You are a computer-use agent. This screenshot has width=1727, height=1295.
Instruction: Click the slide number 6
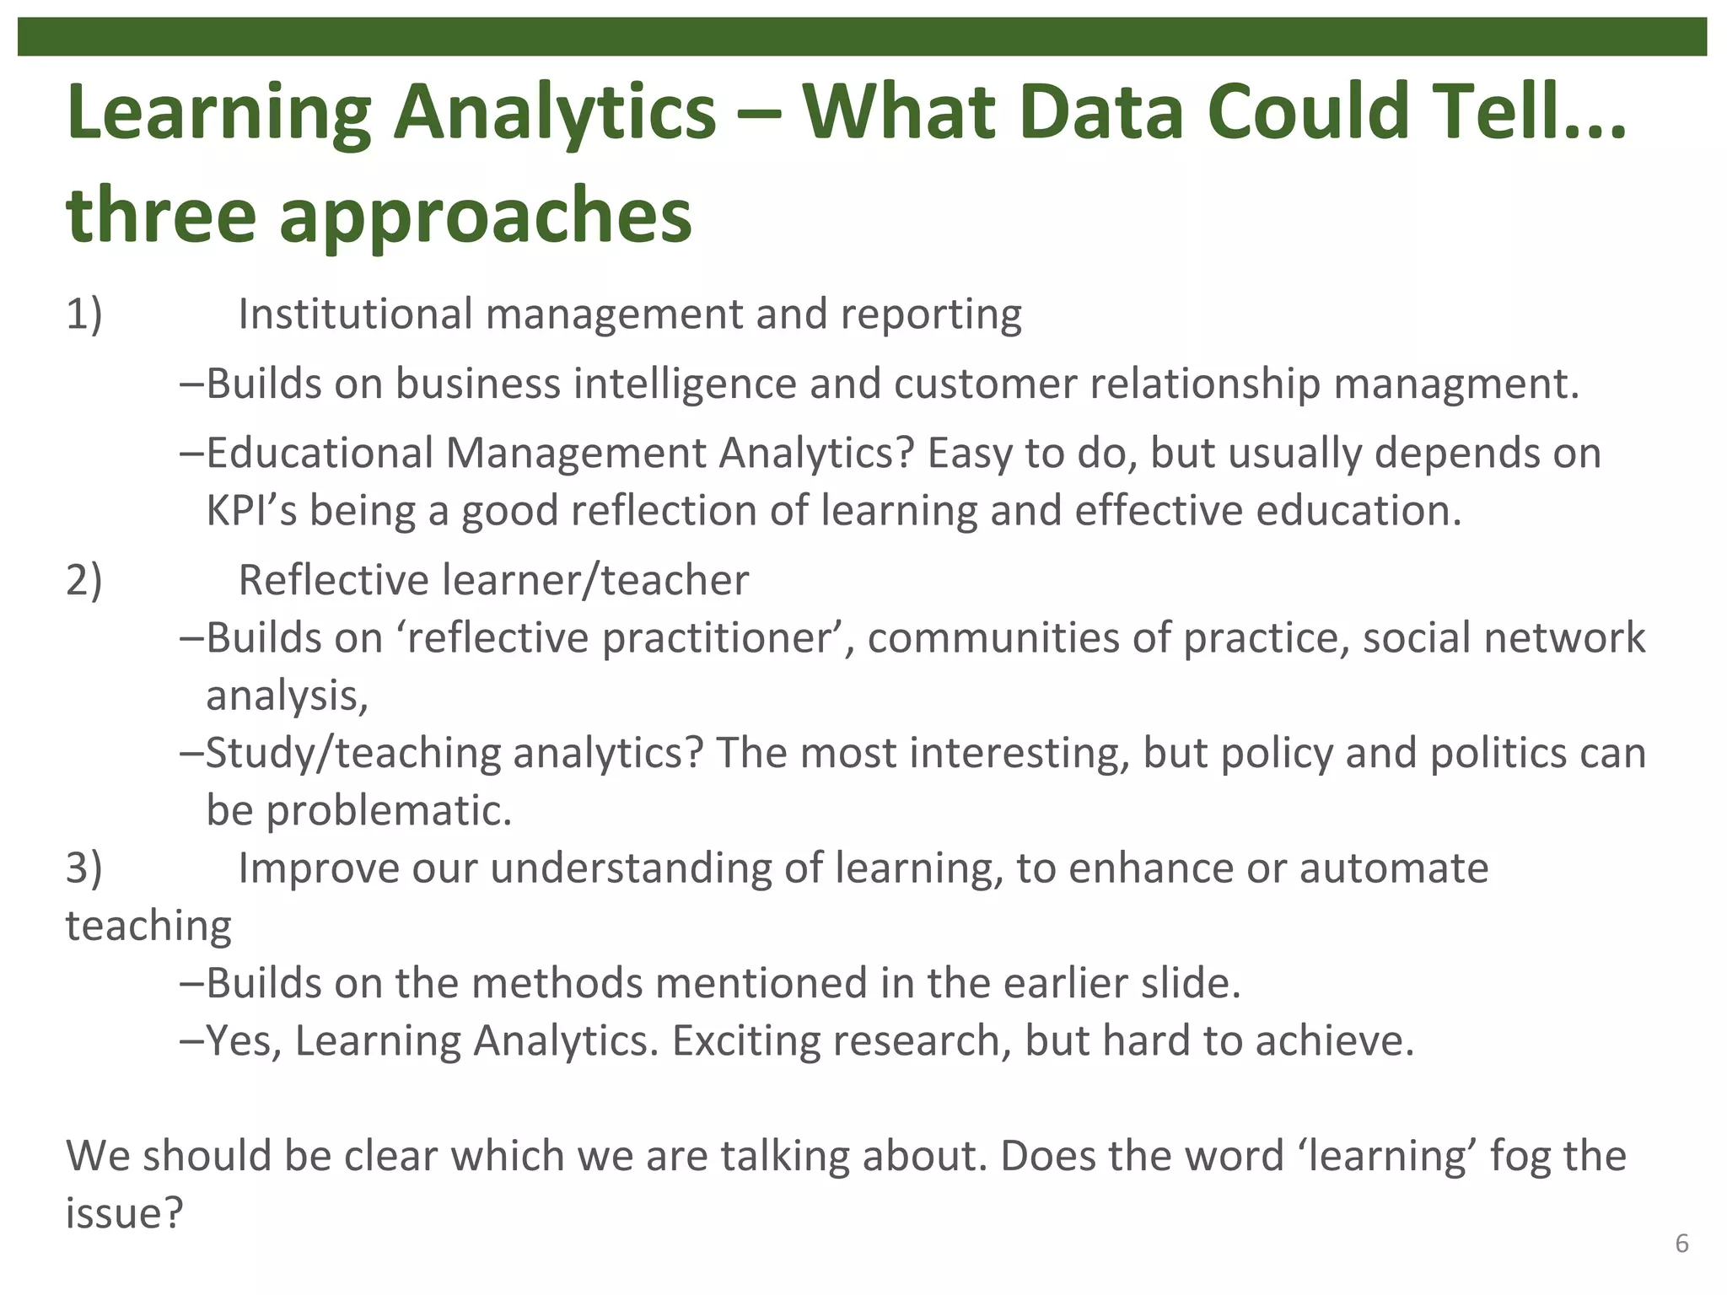click(1681, 1244)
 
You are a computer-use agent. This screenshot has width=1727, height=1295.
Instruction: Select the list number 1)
click(83, 314)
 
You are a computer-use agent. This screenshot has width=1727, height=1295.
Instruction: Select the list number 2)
click(83, 581)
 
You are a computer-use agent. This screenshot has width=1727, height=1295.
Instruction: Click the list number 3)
click(83, 868)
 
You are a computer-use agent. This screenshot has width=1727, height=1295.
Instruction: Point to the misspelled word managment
click(1455, 384)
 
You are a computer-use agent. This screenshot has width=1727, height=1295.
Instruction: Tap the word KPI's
click(251, 511)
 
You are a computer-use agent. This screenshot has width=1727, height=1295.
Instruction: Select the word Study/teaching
click(353, 753)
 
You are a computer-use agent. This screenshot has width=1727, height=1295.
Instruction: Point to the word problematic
click(389, 810)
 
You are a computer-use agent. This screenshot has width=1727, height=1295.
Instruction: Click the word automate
click(1394, 868)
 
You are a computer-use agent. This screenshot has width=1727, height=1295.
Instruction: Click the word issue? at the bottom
click(124, 1214)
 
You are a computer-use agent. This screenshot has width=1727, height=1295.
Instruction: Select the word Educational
click(320, 454)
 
